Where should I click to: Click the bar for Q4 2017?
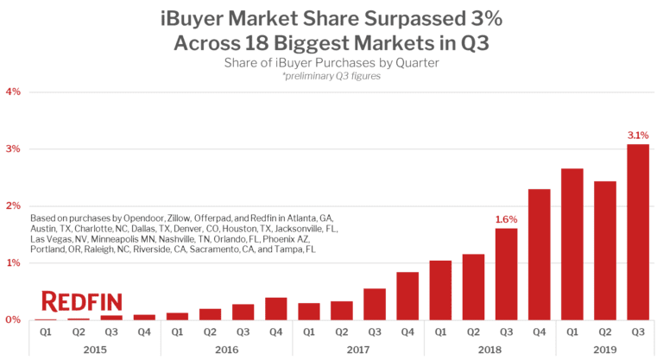407,295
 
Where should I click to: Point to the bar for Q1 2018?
439,290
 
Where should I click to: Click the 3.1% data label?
637,135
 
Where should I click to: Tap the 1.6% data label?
506,219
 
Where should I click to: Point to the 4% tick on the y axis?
13,92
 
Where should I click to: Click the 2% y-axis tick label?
13,205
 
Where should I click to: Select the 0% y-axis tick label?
13,319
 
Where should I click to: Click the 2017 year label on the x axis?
357,349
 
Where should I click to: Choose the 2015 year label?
94,349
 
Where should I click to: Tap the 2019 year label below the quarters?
604,349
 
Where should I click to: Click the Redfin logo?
82,302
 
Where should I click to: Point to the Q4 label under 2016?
275,332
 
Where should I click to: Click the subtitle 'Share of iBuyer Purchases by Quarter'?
331,62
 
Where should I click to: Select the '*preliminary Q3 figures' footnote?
331,76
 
